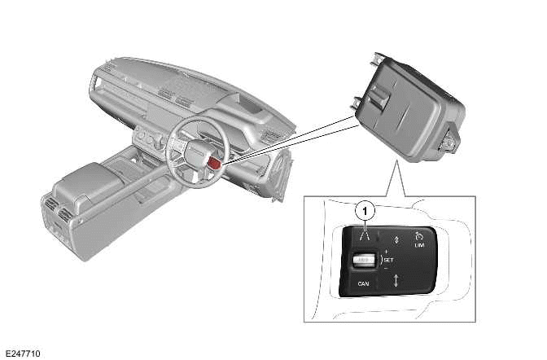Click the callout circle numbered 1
[x=366, y=210]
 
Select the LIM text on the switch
[x=419, y=244]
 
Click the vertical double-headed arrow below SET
[x=396, y=282]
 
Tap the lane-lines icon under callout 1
[x=366, y=237]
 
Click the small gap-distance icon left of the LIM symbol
[x=396, y=239]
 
